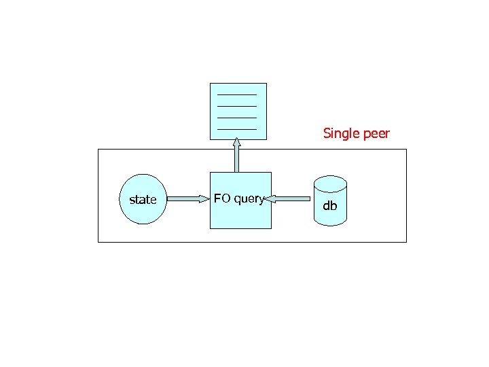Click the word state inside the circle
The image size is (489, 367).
143,200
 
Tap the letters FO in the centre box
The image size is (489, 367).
222,198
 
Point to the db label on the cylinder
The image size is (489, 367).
329,205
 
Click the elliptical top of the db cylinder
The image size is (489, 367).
330,183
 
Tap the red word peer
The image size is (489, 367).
377,133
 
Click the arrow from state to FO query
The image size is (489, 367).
185,199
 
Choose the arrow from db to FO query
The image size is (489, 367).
289,199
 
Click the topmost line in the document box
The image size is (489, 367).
236,94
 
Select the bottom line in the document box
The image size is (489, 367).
236,128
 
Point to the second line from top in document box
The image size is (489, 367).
236,105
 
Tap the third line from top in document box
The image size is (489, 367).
236,117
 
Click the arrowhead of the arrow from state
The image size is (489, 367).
204,199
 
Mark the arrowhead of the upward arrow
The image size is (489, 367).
236,143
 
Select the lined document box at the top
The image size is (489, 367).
238,111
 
